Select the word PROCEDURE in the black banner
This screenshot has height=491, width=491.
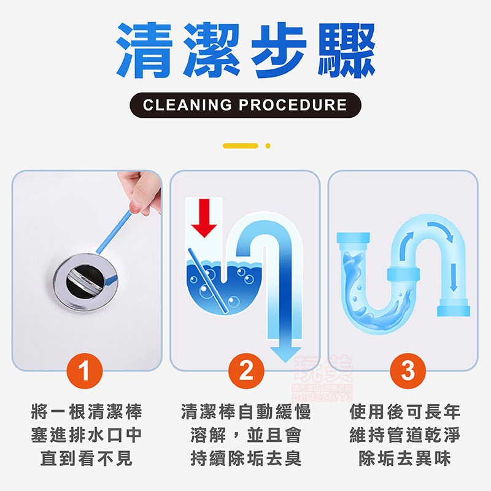pyautogui.click(x=293, y=105)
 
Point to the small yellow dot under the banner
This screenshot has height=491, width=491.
pyautogui.click(x=268, y=146)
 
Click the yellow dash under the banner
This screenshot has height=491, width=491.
pyautogui.click(x=240, y=146)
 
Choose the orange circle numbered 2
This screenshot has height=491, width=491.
pyautogui.click(x=245, y=371)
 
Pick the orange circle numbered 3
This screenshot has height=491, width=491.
pyautogui.click(x=407, y=371)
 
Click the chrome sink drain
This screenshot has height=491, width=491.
pyautogui.click(x=83, y=280)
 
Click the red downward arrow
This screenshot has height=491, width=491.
pyautogui.click(x=204, y=217)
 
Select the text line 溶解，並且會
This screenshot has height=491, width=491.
pyautogui.click(x=245, y=435)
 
